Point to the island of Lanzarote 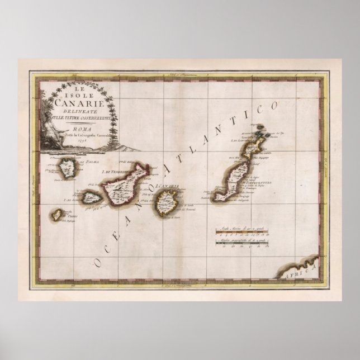click(x=259, y=143)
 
